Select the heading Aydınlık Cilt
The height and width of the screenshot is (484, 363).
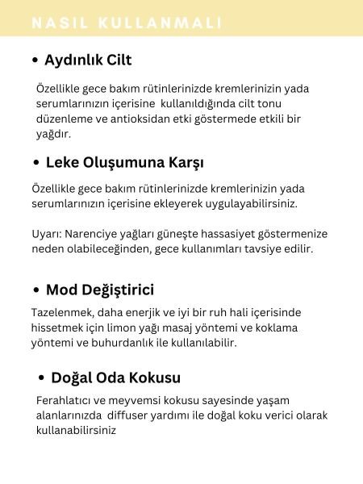point(89,60)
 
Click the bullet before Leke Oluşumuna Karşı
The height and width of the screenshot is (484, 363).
point(36,162)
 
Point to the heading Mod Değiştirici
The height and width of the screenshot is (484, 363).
point(99,290)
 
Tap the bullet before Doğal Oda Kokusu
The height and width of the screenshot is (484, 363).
point(42,378)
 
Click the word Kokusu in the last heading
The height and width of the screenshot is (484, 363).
point(152,378)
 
